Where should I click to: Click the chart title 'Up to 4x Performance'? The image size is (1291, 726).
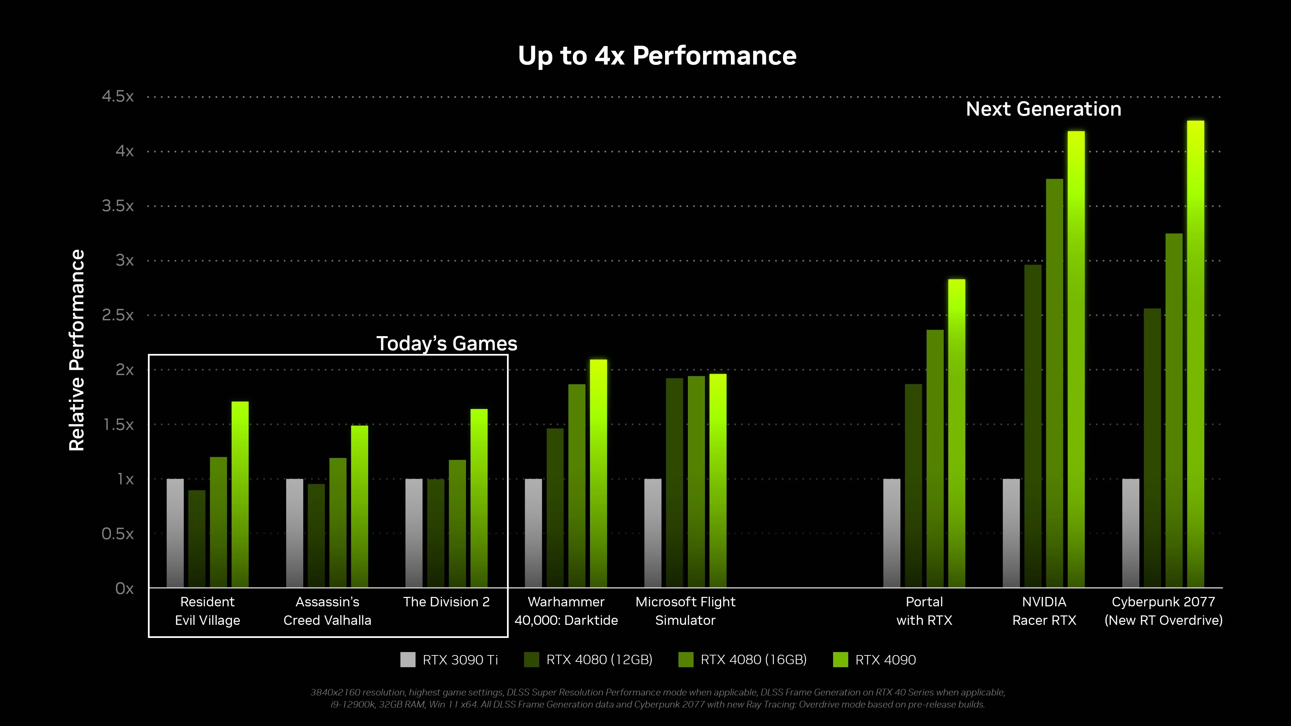pyautogui.click(x=657, y=55)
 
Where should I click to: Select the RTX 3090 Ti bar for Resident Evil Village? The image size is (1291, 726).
pyautogui.click(x=175, y=533)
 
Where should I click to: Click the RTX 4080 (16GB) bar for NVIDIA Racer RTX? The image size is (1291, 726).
pyautogui.click(x=1054, y=383)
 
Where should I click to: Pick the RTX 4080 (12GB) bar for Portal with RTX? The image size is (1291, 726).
pyautogui.click(x=913, y=486)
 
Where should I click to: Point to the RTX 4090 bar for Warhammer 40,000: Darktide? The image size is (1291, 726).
pyautogui.click(x=598, y=474)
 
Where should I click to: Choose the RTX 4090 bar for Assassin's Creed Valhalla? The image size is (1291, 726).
pyautogui.click(x=359, y=507)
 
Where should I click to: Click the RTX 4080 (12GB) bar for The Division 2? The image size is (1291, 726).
pyautogui.click(x=435, y=533)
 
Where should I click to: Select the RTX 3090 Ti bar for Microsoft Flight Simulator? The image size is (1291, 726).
pyautogui.click(x=653, y=533)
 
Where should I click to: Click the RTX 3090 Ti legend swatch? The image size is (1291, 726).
pyautogui.click(x=408, y=659)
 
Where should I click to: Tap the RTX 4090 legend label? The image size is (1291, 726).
pyautogui.click(x=886, y=660)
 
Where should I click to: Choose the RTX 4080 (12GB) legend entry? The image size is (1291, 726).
pyautogui.click(x=588, y=659)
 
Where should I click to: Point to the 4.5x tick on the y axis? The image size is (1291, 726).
pyautogui.click(x=118, y=96)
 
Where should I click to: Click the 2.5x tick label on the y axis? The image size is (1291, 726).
pyautogui.click(x=118, y=315)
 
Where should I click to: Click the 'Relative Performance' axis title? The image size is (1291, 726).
pyautogui.click(x=77, y=350)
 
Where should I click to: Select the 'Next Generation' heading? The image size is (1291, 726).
pyautogui.click(x=1044, y=109)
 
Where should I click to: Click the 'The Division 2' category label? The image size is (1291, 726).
pyautogui.click(x=446, y=602)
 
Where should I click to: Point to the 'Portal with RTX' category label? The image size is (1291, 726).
pyautogui.click(x=924, y=611)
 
